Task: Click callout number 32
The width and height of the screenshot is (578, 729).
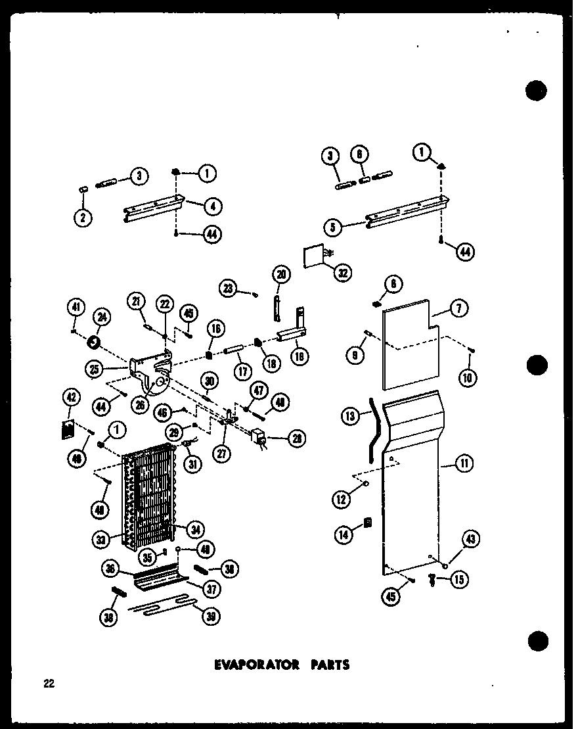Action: tap(342, 271)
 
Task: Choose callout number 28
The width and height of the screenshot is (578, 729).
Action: tap(299, 439)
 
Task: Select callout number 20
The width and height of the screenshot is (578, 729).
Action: tap(282, 274)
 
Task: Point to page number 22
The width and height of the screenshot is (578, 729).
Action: tap(49, 684)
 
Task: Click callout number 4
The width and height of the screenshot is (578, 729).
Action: tap(212, 206)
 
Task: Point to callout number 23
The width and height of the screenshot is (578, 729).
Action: tap(228, 287)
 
